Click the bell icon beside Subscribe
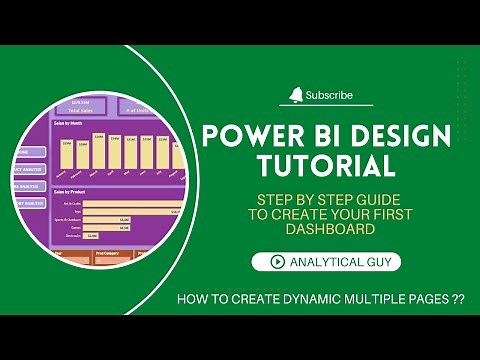click(x=296, y=95)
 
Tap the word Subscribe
click(x=329, y=96)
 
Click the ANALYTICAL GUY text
click(x=343, y=262)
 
